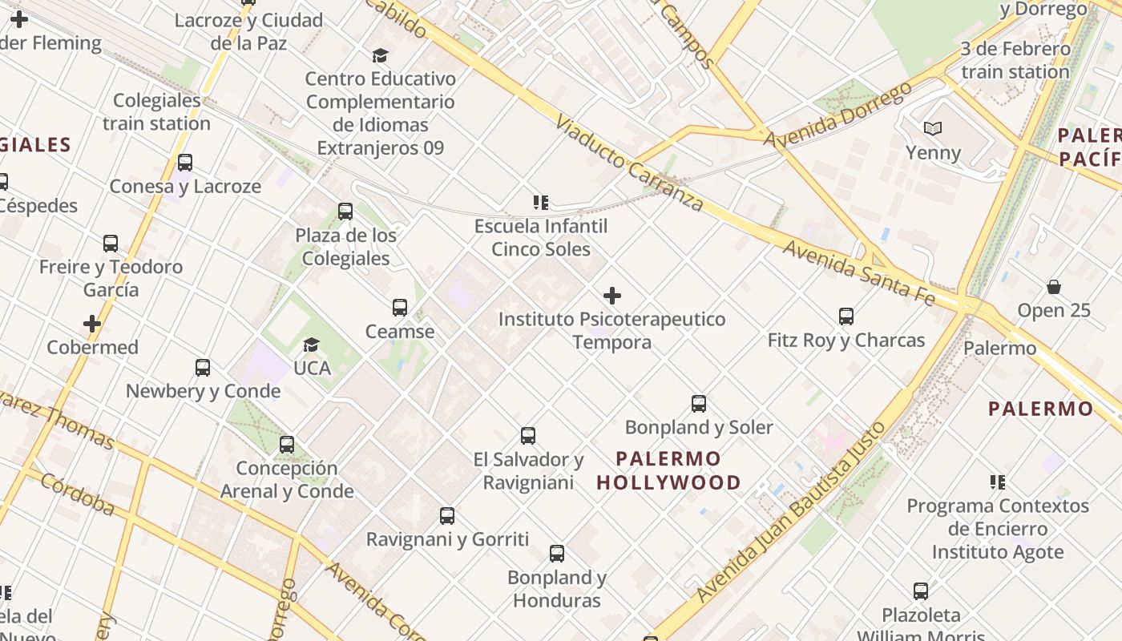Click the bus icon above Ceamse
coord(399,308)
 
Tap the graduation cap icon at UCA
coord(311,345)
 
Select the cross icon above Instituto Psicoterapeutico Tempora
coord(612,296)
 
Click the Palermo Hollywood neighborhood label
coord(668,470)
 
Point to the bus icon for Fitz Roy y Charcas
coord(846,316)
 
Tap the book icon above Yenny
coord(933,129)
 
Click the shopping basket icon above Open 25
coord(1054,287)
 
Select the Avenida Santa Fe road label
coord(858,272)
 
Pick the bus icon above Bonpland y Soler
coord(699,404)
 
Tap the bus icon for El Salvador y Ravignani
coord(528,436)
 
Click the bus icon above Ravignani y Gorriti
coord(447,516)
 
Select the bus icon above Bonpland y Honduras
coord(556,554)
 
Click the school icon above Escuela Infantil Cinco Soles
coord(541,203)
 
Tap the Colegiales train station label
coord(157,111)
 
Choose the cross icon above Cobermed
coord(92,324)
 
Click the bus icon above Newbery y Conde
coord(203,368)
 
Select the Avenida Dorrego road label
coord(837,115)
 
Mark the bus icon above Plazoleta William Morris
coord(921,591)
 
